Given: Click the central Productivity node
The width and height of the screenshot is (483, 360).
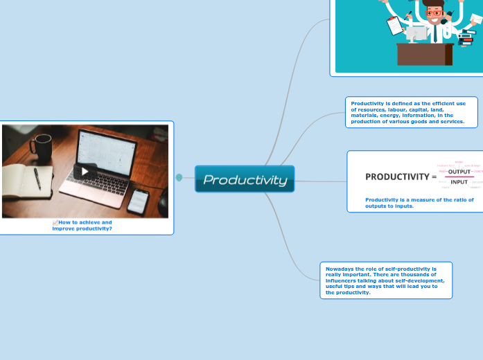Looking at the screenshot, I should click(245, 179).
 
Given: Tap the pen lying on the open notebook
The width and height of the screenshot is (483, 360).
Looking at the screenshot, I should click(37, 178).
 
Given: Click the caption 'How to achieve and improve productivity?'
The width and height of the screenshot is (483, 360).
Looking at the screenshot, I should click(82, 225).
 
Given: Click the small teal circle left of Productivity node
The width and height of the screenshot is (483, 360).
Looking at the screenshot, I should click(179, 178).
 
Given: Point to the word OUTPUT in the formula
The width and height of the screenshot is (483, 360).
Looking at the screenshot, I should click(459, 171).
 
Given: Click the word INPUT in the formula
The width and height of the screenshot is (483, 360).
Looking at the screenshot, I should click(459, 182).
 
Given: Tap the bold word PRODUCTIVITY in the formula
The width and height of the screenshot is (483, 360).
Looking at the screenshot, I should click(397, 177).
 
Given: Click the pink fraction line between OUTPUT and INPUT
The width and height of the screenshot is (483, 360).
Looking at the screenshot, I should click(459, 177).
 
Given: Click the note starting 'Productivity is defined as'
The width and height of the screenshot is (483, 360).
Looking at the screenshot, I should click(411, 112).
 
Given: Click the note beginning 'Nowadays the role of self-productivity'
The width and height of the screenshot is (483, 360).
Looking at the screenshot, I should click(385, 280).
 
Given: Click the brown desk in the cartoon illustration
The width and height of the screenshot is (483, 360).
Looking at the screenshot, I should click(424, 55).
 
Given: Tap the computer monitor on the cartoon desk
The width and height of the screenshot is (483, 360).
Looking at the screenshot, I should click(417, 33).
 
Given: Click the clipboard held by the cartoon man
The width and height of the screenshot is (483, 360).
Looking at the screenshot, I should click(396, 26).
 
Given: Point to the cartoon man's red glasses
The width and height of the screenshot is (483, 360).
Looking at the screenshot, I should click(436, 12).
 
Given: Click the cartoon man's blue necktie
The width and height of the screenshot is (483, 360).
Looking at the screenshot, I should click(436, 31).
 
